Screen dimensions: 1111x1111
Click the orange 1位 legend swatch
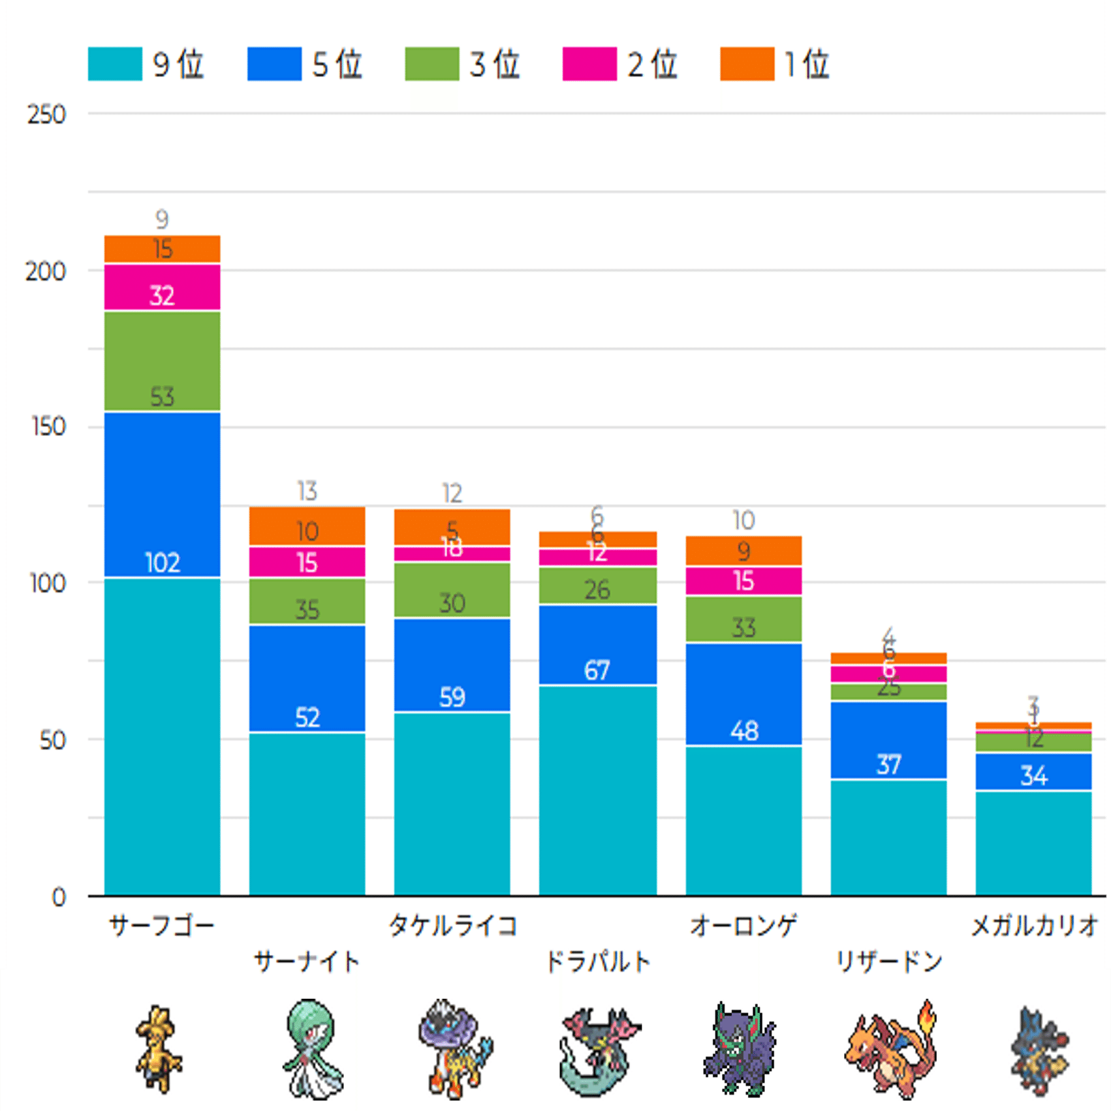[747, 64]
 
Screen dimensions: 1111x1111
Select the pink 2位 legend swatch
[589, 64]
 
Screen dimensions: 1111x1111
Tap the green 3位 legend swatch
[431, 64]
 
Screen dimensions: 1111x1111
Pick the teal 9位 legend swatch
[115, 64]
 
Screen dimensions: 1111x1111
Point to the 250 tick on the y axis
[46, 115]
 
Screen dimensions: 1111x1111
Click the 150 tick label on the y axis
[48, 427]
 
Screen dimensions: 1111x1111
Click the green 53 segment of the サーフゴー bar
[163, 361]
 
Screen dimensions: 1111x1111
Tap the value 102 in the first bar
[163, 563]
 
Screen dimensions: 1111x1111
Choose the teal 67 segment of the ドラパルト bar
[597, 790]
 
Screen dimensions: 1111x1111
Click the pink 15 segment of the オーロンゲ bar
[743, 581]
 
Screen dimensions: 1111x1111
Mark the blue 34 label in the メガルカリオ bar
[1033, 775]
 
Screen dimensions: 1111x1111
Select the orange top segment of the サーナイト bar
[307, 526]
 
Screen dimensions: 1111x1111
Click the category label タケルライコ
[452, 926]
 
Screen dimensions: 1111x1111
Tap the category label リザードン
[889, 962]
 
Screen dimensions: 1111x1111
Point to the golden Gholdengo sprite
[159, 1048]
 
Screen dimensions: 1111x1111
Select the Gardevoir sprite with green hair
[311, 1048]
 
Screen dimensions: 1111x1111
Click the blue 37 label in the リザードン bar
[888, 764]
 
